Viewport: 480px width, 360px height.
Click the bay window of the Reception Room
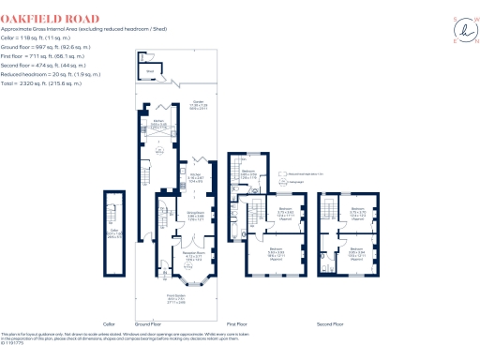(195, 277)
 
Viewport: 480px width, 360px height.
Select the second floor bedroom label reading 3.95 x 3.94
(357, 253)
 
